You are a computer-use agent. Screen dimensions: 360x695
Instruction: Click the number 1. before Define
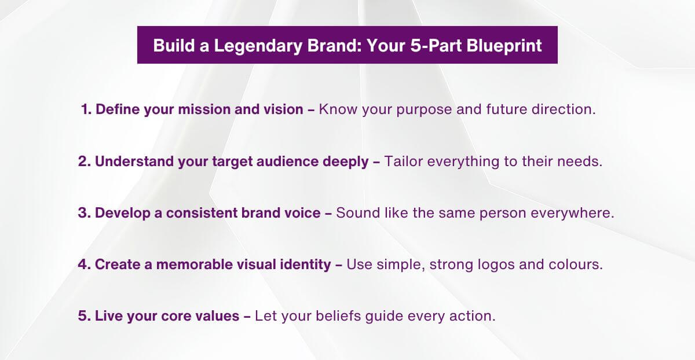pos(87,109)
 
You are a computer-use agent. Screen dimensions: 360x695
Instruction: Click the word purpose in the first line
pos(424,110)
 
